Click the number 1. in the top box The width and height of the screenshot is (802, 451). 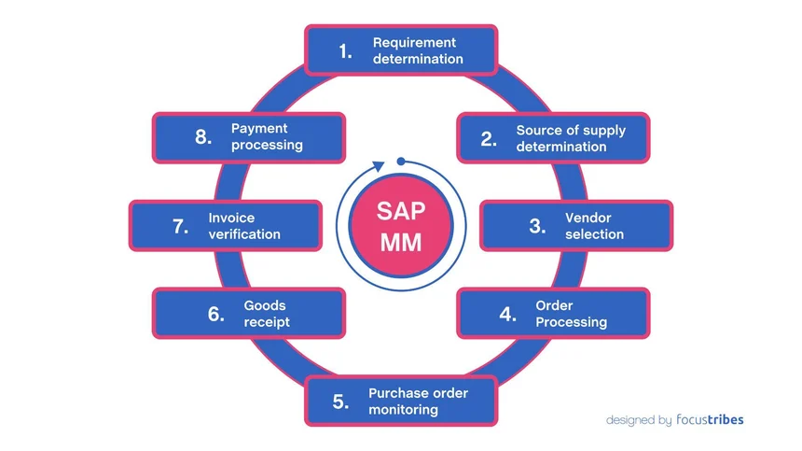346,50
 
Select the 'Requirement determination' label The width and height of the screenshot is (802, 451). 414,50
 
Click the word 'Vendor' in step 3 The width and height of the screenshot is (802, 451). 588,218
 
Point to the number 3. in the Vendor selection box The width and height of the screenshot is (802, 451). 537,226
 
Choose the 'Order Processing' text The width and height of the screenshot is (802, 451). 571,314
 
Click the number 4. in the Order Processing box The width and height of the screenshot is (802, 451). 507,314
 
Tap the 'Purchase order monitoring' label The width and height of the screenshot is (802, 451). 418,402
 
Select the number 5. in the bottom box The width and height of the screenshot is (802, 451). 340,402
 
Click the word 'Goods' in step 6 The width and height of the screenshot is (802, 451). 265,305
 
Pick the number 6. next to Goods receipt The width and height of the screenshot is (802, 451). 216,314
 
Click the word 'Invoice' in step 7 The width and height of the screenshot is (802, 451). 231,218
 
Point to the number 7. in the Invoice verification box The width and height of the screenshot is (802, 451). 181,226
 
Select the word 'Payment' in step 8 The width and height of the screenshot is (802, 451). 259,128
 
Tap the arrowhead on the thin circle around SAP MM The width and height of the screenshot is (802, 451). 378,165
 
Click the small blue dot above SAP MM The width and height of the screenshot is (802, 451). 400,161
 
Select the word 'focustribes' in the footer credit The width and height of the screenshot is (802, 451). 710,420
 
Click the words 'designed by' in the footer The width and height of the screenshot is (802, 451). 638,420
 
